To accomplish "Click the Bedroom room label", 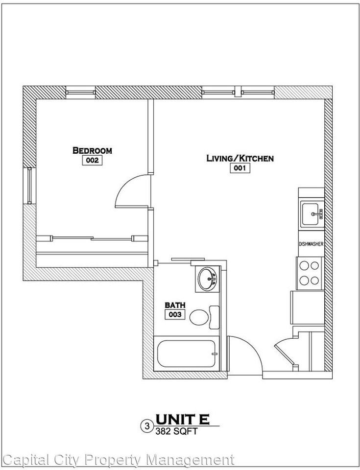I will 92,150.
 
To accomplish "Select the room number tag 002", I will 92,161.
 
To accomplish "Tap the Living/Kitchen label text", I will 240,158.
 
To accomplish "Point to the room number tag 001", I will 240,168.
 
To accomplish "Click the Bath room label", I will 175,305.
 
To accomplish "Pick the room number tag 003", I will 176,315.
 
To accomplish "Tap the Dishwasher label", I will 311,244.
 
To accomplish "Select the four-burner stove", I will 309,273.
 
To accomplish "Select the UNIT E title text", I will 183,419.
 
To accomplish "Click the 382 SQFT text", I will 177,431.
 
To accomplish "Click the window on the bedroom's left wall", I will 30,186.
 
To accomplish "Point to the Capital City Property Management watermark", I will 118,460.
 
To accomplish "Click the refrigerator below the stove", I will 308,307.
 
